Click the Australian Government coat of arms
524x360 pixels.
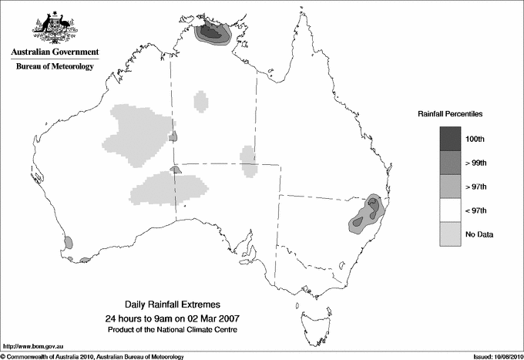(54, 26)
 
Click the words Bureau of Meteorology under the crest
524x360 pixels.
(55, 67)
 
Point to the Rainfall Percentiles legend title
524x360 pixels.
(450, 113)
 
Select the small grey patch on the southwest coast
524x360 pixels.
(68, 242)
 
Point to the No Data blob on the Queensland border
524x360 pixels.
(248, 160)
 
